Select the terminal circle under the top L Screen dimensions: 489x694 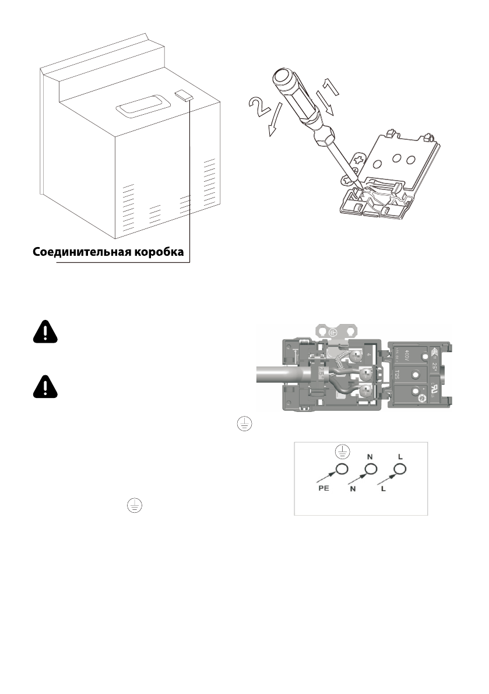(399, 469)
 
